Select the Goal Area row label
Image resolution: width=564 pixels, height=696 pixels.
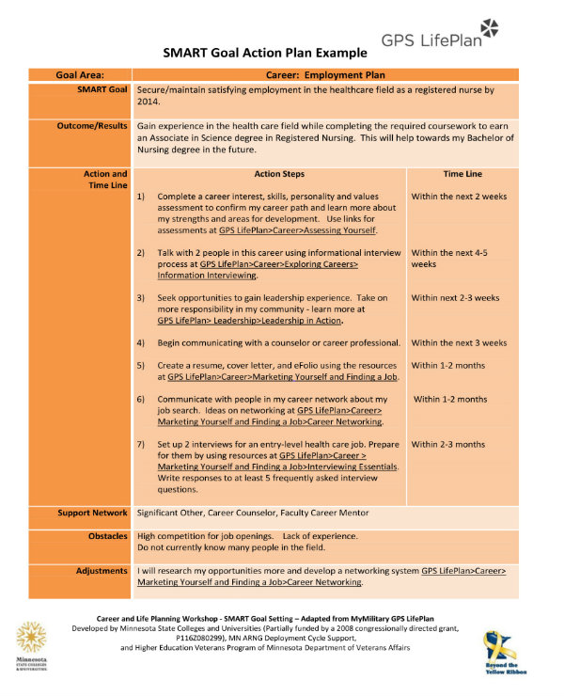click(80, 74)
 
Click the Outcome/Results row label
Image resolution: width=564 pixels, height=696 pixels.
click(91, 125)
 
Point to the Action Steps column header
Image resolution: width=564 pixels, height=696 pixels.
click(279, 174)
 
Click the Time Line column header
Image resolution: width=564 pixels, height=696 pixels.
click(462, 174)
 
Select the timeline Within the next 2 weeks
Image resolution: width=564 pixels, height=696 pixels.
click(459, 197)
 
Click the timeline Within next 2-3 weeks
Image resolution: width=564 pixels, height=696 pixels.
click(455, 298)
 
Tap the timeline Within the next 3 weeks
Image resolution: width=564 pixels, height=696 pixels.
click(459, 343)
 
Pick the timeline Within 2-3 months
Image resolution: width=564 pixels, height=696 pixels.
click(448, 444)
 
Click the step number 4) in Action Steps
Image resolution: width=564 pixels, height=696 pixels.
click(141, 343)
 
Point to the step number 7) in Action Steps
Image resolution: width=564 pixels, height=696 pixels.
click(141, 444)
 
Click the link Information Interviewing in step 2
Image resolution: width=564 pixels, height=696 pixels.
click(208, 276)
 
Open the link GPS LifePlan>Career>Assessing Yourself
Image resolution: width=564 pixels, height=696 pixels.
click(297, 230)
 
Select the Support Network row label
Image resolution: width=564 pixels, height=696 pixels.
click(92, 513)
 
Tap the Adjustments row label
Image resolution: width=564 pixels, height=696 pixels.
click(102, 571)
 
